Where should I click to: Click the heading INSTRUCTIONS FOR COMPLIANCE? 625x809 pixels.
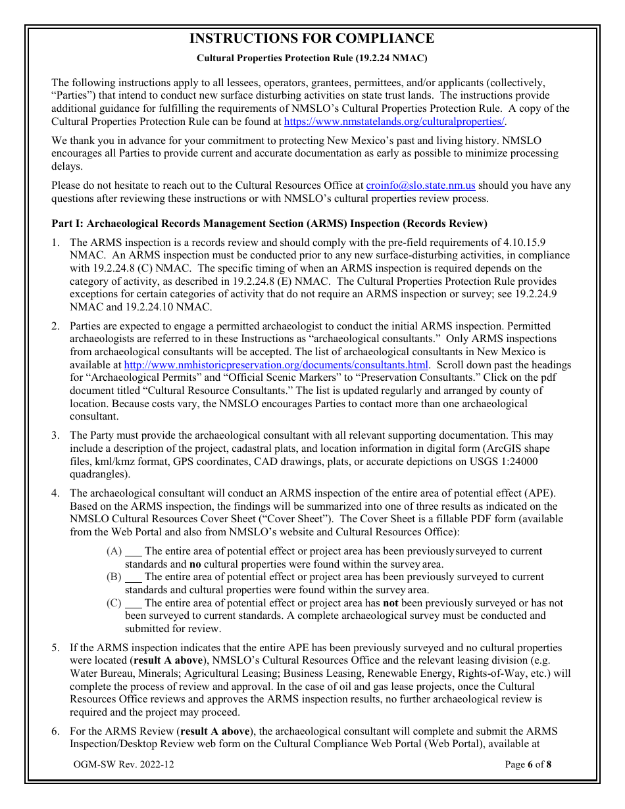click(312, 38)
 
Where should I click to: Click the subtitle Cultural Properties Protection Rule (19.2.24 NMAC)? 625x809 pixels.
click(312, 58)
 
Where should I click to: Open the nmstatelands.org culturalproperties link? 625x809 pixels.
click(394, 122)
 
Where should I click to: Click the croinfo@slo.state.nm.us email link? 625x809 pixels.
click(420, 186)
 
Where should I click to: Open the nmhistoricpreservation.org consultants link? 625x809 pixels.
click(276, 365)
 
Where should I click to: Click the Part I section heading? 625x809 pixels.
click(269, 224)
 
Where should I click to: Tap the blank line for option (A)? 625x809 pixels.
click(134, 552)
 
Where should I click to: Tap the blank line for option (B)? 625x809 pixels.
click(134, 577)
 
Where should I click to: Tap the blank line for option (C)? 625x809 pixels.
click(134, 603)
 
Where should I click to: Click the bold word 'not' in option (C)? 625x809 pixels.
click(391, 603)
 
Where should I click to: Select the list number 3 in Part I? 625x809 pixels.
click(56, 435)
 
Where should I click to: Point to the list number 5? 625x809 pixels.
click(56, 648)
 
